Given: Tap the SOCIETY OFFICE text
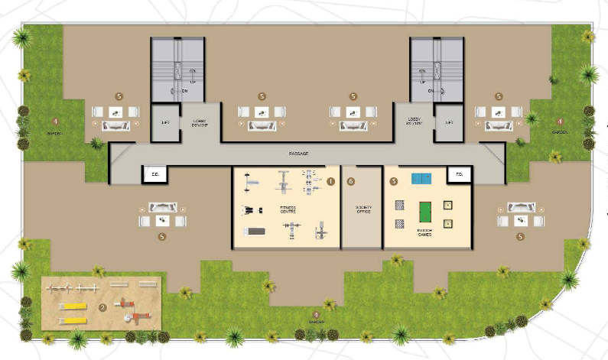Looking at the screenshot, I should [362, 209].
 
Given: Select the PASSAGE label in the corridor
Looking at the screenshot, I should [299, 154].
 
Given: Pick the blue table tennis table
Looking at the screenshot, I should [421, 178].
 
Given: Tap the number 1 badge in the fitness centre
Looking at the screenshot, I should [330, 181].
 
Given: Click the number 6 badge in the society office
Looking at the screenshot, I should [351, 181].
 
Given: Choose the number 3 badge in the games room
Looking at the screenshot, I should [393, 181].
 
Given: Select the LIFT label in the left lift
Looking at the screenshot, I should [164, 122].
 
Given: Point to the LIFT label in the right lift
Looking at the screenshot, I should [449, 122].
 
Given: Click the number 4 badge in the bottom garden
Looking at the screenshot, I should [316, 314].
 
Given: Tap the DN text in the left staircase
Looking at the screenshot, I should [184, 90].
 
